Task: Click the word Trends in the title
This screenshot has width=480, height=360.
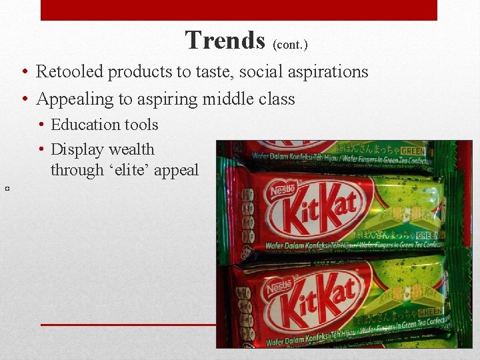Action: (x=225, y=41)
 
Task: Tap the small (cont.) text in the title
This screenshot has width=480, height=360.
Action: (x=290, y=45)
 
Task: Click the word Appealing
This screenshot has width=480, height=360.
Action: (x=75, y=99)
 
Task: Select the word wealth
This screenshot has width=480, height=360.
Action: (x=131, y=149)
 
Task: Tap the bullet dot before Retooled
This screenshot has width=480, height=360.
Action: (x=23, y=72)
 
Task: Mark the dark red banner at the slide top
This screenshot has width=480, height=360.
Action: (x=239, y=10)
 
